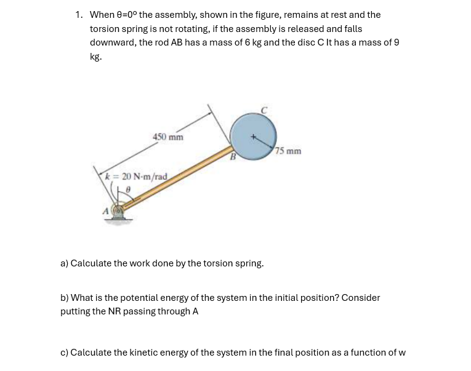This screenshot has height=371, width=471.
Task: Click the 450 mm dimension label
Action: pyautogui.click(x=168, y=137)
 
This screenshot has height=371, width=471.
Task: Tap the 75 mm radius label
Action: pyautogui.click(x=289, y=151)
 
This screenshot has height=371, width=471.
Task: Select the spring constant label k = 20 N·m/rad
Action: pyautogui.click(x=136, y=177)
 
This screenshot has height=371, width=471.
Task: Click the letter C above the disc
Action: pyautogui.click(x=264, y=110)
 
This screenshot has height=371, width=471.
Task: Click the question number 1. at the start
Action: pyautogui.click(x=79, y=14)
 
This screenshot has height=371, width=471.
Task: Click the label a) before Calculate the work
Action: pyautogui.click(x=64, y=263)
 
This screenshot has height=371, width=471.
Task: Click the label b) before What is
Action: pyautogui.click(x=64, y=298)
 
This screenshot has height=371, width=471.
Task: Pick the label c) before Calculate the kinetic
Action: pyautogui.click(x=64, y=353)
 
